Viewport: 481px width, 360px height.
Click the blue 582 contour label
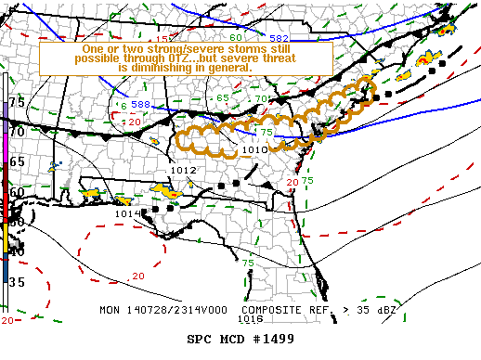279,37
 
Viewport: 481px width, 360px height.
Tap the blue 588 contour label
140,105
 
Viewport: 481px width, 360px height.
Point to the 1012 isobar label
184,171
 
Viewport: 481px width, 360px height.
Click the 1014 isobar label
127,213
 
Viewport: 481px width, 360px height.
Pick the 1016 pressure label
250,318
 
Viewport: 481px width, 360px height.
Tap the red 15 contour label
162,39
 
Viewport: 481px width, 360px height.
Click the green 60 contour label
235,36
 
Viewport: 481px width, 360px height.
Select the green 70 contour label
262,98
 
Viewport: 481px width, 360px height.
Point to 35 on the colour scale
17,281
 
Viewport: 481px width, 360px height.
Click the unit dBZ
384,308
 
